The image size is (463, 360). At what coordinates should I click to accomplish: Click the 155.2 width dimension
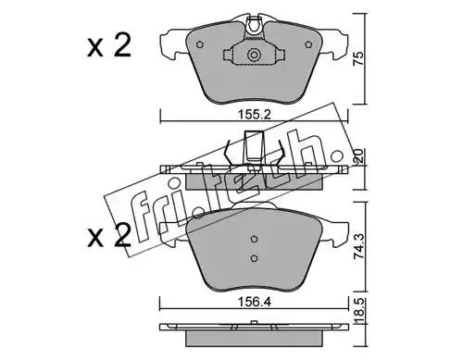(254, 115)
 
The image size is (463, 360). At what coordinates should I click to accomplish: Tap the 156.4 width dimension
(254, 303)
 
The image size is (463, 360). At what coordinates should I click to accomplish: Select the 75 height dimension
(358, 59)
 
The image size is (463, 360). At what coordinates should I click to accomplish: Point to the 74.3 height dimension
(359, 246)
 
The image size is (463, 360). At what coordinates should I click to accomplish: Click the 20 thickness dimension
(358, 157)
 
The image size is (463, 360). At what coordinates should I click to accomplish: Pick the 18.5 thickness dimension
(359, 311)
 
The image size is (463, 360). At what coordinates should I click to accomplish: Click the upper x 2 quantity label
(109, 46)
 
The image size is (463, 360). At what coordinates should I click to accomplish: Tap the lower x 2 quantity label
(109, 236)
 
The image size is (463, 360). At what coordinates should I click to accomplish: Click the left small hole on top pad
(200, 44)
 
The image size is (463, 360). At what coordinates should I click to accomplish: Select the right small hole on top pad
(308, 44)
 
